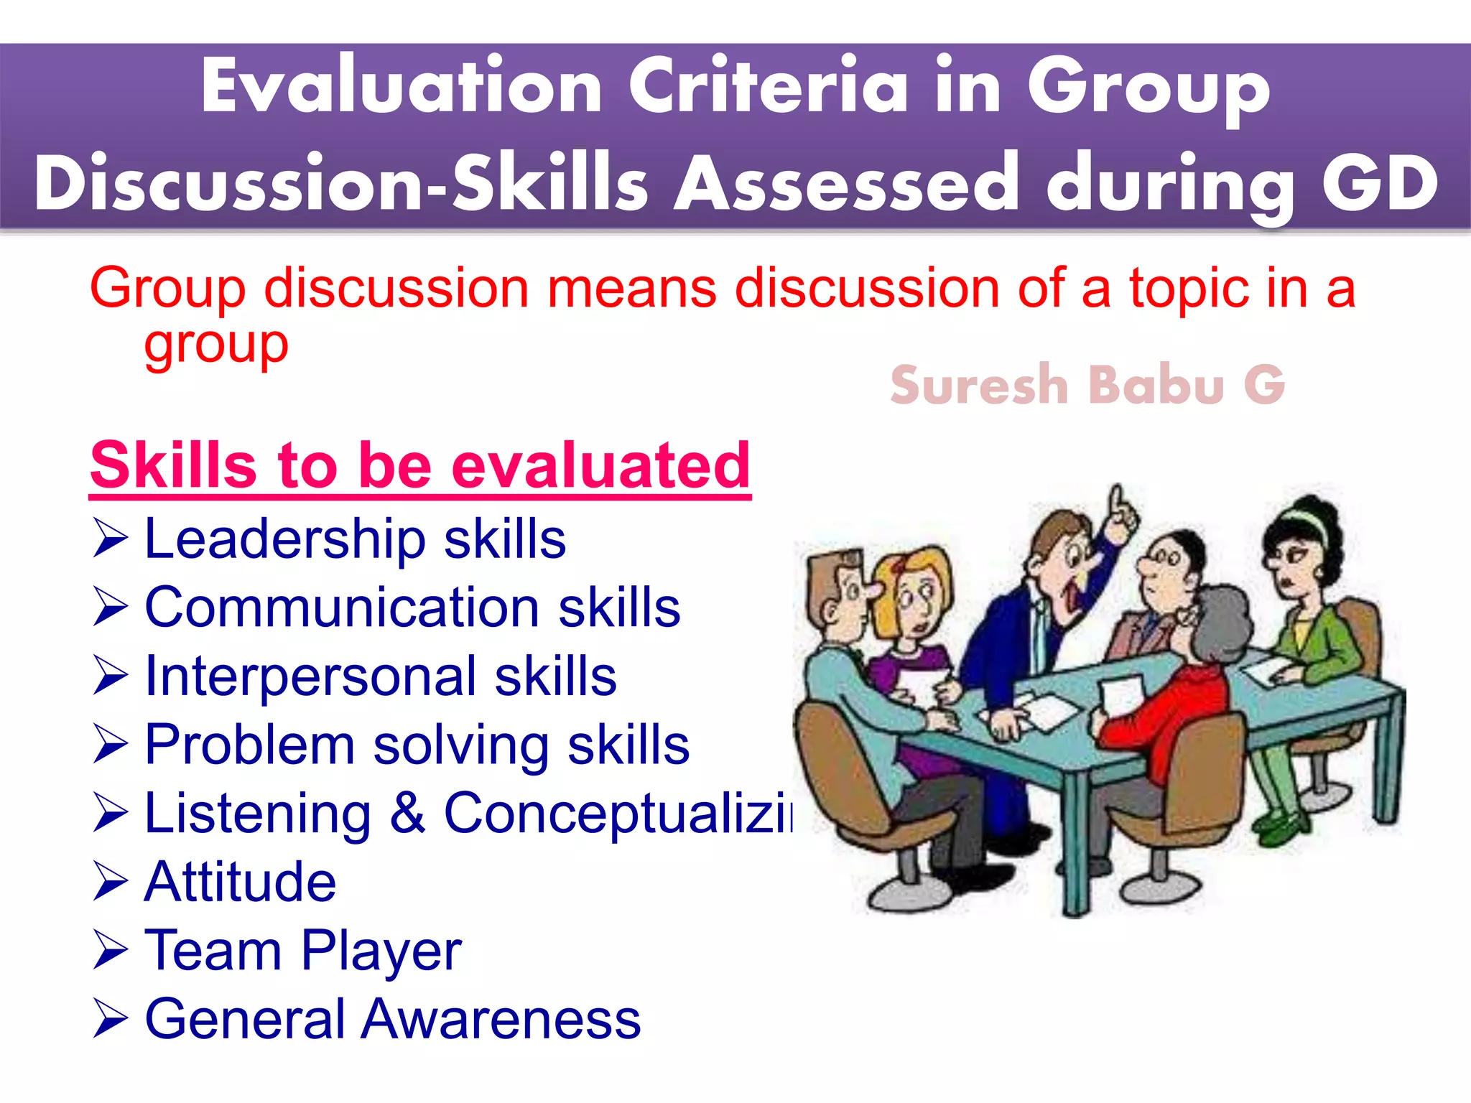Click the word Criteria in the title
tap(769, 88)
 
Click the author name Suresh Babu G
tap(1087, 386)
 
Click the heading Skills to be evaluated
tap(420, 465)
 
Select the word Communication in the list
tap(341, 608)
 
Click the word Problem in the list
tap(249, 745)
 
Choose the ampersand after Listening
tap(407, 813)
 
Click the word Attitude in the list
tap(240, 882)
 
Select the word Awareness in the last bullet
tap(500, 1019)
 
